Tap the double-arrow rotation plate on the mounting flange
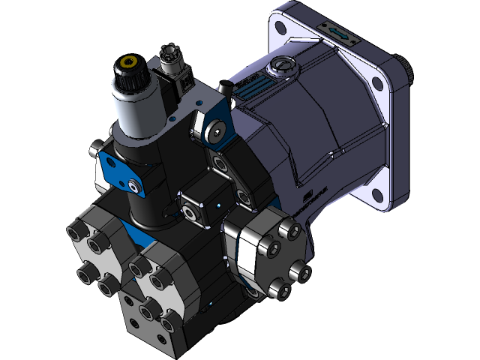pos(335,33)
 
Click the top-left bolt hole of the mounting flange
pos(280,28)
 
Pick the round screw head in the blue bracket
pos(217,133)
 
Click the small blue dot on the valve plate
pos(218,204)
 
